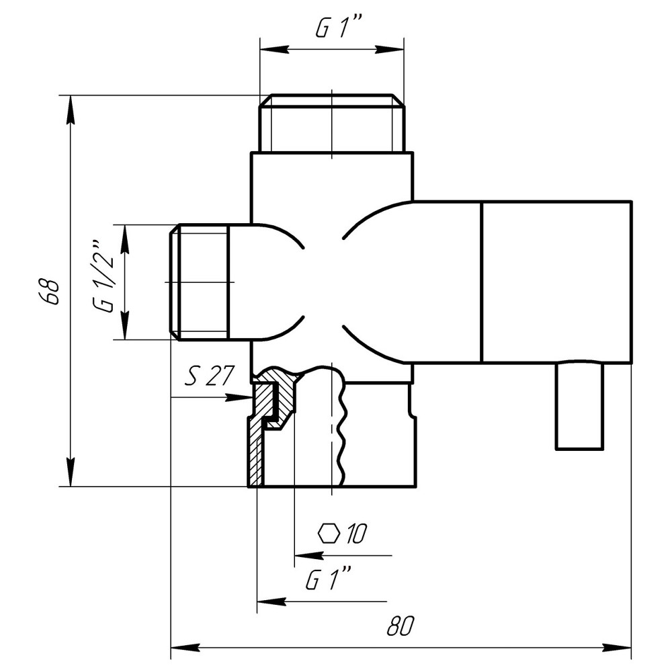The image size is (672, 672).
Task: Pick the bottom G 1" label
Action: (329, 579)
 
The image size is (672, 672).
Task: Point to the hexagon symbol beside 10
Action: (329, 534)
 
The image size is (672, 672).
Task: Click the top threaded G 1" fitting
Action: (332, 124)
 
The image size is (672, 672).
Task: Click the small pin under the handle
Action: (579, 406)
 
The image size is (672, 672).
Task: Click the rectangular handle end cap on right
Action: (556, 282)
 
